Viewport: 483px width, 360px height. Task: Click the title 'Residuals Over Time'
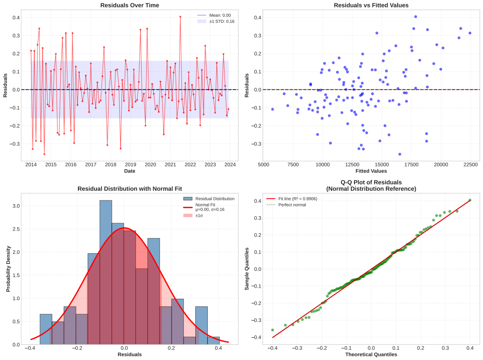point(130,5)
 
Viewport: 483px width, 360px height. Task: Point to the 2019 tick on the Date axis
point(130,164)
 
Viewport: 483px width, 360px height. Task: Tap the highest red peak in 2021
point(180,17)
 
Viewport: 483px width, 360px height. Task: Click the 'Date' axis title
point(130,171)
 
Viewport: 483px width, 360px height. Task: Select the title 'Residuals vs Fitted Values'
point(371,5)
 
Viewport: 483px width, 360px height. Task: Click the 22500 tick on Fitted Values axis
point(470,164)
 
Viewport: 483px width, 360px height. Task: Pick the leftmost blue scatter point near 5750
point(272,109)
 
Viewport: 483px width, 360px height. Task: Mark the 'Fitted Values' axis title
point(371,171)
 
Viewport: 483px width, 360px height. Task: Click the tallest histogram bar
point(106,272)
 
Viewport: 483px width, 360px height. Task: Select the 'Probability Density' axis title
point(8,269)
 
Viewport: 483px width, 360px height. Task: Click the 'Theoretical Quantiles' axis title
point(371,354)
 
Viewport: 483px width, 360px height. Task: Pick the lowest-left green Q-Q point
point(272,330)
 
